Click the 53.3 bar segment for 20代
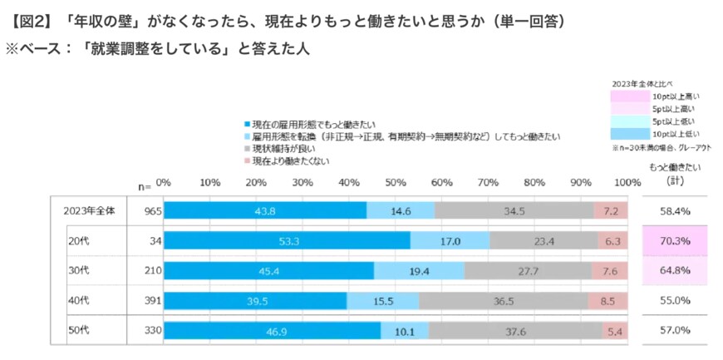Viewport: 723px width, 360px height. click(x=287, y=240)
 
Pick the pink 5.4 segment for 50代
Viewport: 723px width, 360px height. click(x=615, y=330)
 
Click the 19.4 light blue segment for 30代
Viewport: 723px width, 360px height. click(x=419, y=270)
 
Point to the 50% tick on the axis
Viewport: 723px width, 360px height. click(x=396, y=182)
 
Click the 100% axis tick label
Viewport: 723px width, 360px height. click(x=626, y=182)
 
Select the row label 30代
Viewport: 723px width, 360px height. click(x=78, y=270)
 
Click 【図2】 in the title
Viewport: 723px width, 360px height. click(x=27, y=17)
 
